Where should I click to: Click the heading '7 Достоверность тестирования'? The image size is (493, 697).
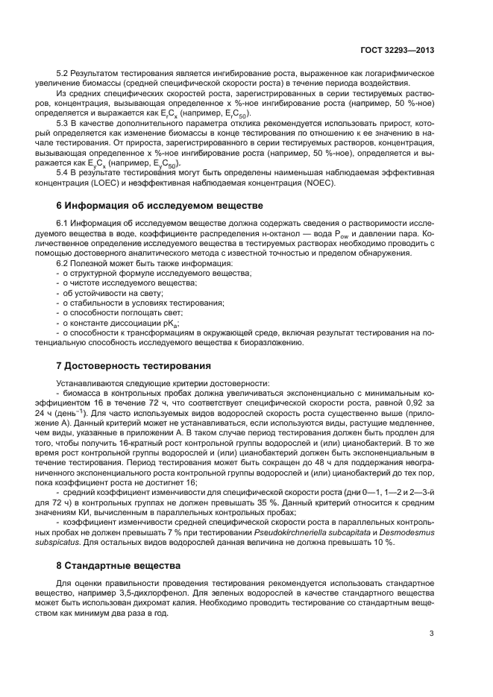click(x=134, y=366)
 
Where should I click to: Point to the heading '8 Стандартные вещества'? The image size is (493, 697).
click(x=119, y=566)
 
